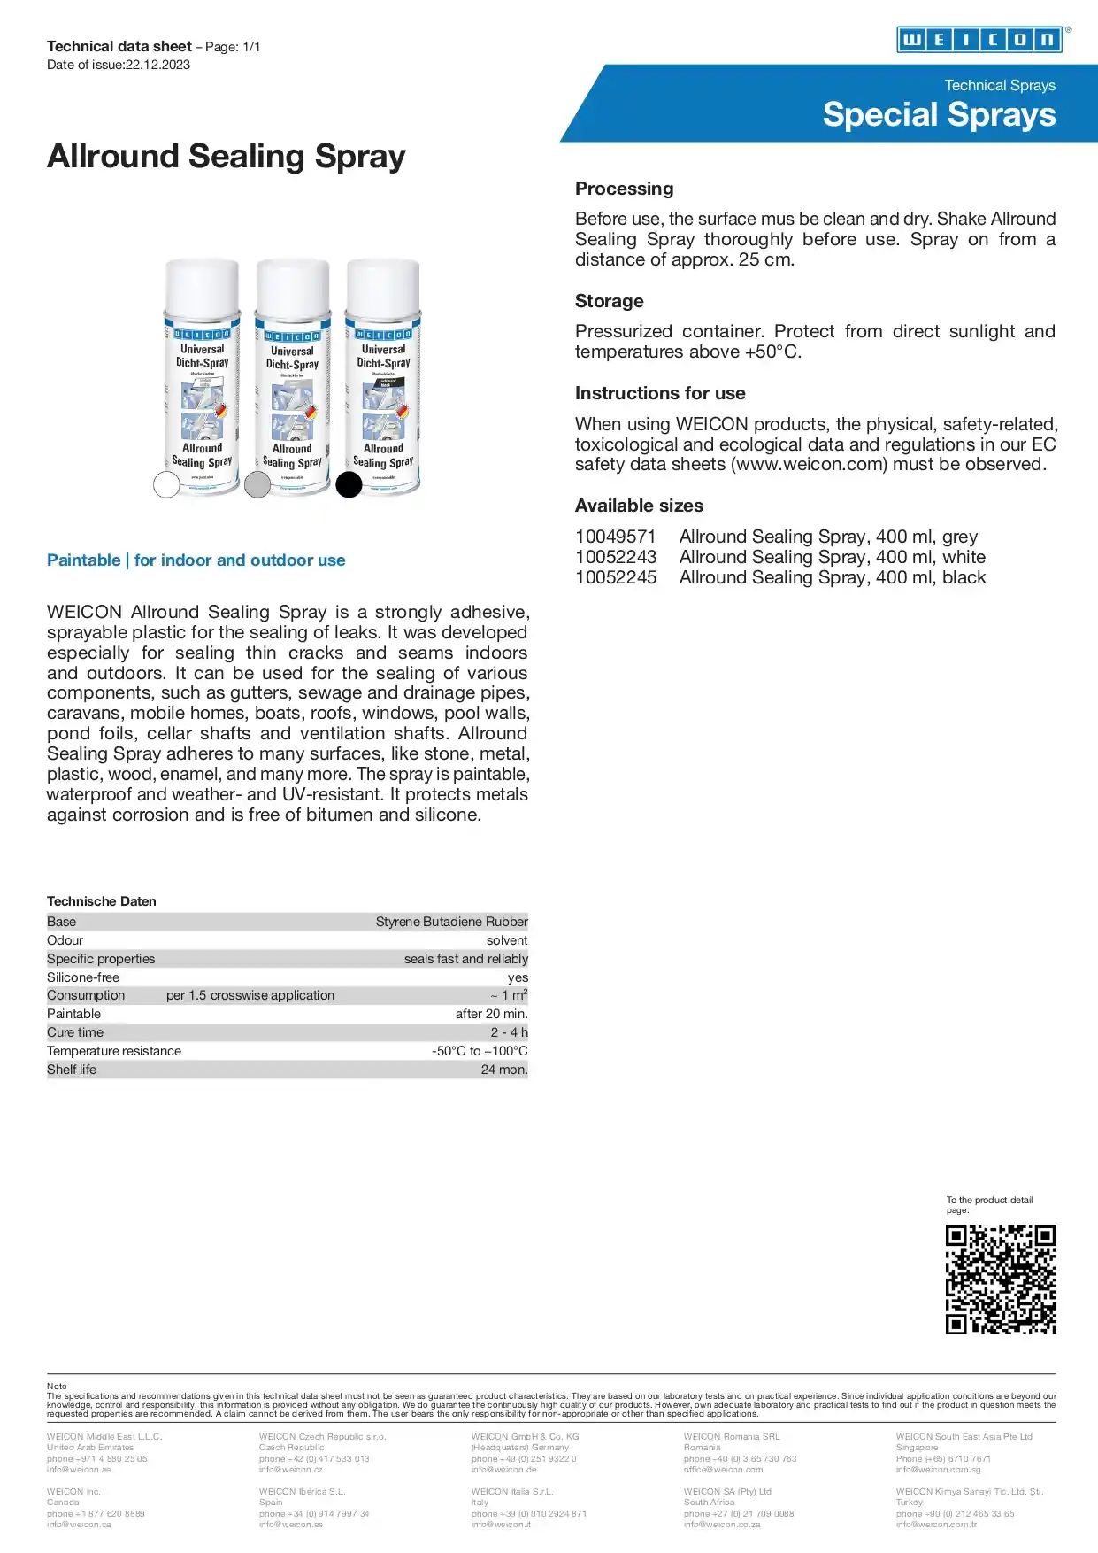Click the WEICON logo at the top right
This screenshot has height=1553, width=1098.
pos(979,40)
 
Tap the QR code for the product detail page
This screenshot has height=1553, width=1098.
pos(1001,1279)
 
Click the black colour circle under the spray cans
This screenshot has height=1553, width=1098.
pos(349,484)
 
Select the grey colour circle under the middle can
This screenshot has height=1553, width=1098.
pos(257,484)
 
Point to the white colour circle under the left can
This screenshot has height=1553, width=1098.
pos(166,484)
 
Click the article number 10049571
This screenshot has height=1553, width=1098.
pos(616,537)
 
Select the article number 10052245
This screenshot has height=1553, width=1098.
pos(616,577)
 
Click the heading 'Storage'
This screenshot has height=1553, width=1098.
pos(609,301)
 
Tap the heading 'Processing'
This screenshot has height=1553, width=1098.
pos(624,189)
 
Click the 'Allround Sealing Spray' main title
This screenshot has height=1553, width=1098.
pos(226,157)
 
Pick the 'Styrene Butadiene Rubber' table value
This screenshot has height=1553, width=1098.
pos(451,922)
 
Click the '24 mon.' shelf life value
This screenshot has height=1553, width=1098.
pos(504,1070)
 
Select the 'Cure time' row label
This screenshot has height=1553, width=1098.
pos(75,1032)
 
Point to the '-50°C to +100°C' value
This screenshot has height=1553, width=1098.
pos(480,1051)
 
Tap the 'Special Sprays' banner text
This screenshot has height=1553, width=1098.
pos(939,115)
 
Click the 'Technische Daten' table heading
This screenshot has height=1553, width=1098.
pos(102,901)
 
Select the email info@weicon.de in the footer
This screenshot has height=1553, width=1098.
pos(503,1469)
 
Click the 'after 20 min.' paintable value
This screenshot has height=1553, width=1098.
pos(491,1014)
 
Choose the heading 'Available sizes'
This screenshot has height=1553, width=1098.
pos(639,506)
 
